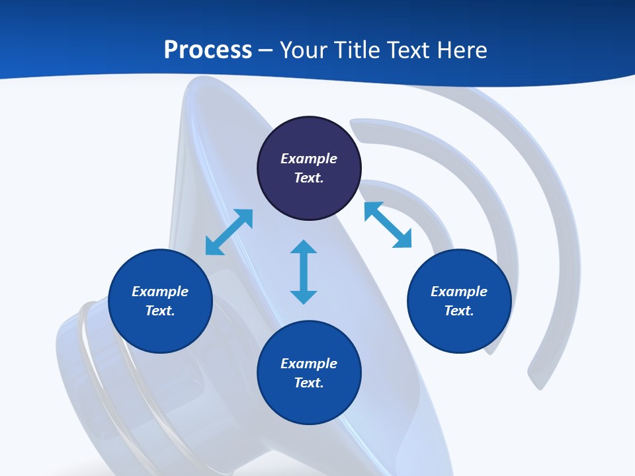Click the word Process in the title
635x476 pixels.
(x=208, y=50)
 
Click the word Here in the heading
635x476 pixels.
(x=460, y=50)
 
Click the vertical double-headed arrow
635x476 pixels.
(x=304, y=272)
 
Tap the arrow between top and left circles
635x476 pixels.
(x=229, y=232)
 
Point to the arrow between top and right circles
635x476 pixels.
(x=388, y=225)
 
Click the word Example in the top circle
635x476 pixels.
(x=309, y=159)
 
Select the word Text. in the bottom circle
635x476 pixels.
(x=309, y=383)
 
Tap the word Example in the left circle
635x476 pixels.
(x=160, y=292)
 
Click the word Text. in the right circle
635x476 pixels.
(x=459, y=311)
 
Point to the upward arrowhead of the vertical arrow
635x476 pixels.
(x=304, y=247)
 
